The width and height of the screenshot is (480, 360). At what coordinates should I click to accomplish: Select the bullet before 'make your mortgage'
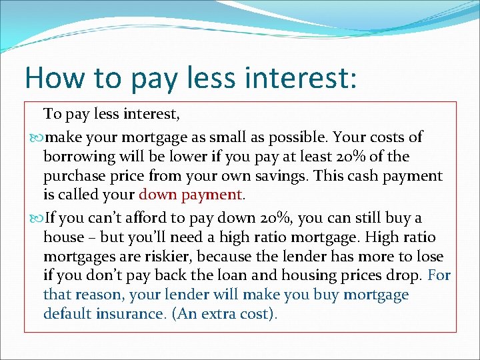tap(37, 138)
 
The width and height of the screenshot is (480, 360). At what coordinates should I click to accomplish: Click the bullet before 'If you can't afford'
tap(37, 219)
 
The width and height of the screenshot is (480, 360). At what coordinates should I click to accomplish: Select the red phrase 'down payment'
tap(191, 195)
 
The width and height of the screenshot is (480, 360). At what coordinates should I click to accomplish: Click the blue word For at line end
tap(439, 275)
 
